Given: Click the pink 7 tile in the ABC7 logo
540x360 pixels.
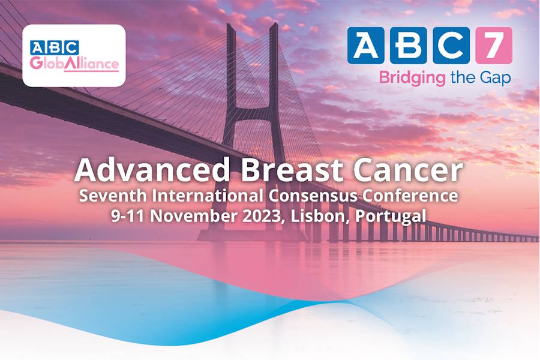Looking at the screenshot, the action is pyautogui.click(x=494, y=46).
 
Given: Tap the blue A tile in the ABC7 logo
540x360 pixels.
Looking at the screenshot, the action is pyautogui.click(x=366, y=46).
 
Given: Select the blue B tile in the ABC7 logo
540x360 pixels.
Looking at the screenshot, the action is pyautogui.click(x=409, y=46).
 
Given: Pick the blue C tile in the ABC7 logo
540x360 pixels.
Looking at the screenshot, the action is pyautogui.click(x=451, y=46).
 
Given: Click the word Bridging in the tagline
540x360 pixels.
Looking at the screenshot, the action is pyautogui.click(x=412, y=79).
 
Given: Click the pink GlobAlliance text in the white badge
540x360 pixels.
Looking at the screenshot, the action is pyautogui.click(x=74, y=64).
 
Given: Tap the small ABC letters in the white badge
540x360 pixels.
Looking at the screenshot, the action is pyautogui.click(x=54, y=47).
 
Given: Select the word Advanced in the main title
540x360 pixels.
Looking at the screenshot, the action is pyautogui.click(x=152, y=170).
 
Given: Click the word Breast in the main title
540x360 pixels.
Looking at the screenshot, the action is pyautogui.click(x=292, y=170).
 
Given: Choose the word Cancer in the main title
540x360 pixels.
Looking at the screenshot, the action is pyautogui.click(x=408, y=171).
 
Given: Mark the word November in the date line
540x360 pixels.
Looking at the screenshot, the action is pyautogui.click(x=194, y=216).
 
